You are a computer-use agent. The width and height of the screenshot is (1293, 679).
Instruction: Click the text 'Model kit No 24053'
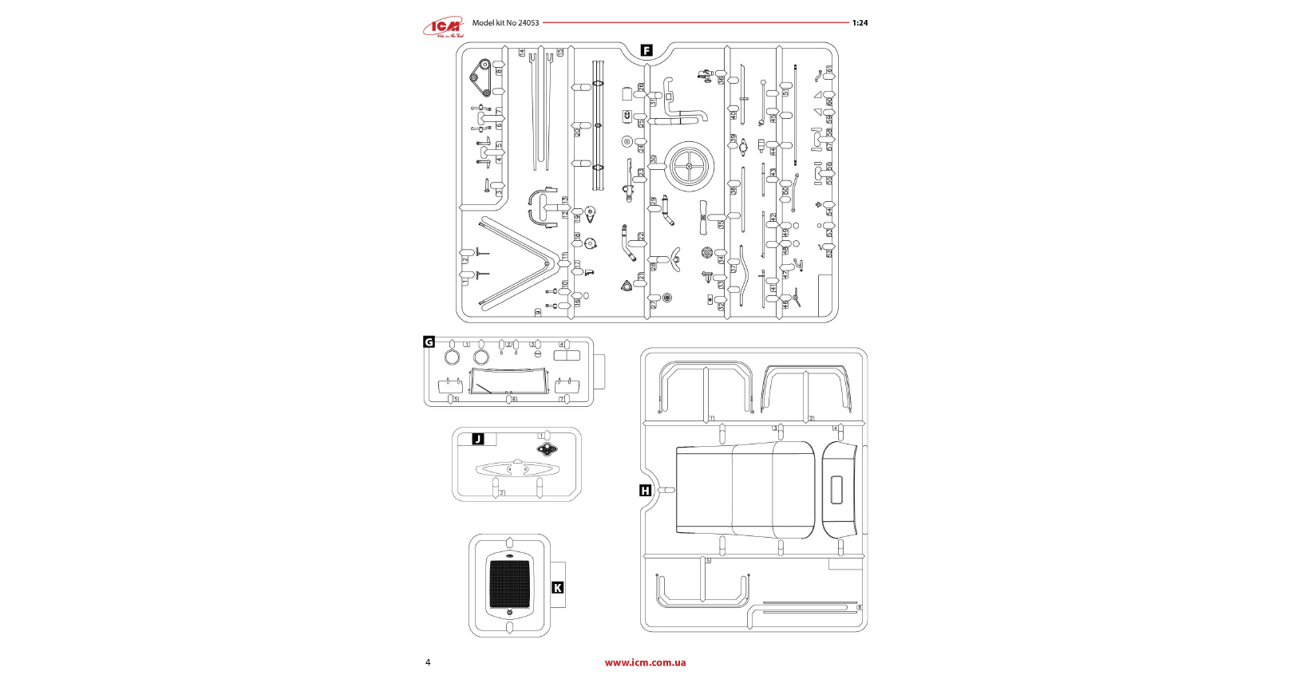tap(505, 22)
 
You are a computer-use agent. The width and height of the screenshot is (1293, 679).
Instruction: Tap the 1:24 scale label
tap(860, 23)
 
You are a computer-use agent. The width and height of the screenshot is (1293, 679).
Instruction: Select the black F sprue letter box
tap(646, 50)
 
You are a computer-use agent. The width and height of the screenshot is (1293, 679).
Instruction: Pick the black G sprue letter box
tap(429, 342)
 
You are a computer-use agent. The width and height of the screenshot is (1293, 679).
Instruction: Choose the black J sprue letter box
tap(478, 439)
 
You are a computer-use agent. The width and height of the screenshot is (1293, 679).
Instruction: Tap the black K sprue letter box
tap(558, 588)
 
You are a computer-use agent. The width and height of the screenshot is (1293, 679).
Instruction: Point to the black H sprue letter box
tap(646, 491)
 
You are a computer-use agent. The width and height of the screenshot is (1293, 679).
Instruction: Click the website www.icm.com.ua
tap(645, 662)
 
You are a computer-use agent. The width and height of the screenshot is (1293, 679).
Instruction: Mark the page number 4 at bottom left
tap(428, 662)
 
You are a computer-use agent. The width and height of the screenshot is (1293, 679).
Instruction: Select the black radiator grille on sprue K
tap(509, 582)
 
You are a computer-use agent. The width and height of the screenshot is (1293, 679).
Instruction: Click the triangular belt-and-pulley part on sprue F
tap(480, 78)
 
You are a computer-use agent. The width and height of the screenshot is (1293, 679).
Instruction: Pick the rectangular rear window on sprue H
tap(836, 491)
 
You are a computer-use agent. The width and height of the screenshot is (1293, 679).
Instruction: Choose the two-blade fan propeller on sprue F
tap(703, 217)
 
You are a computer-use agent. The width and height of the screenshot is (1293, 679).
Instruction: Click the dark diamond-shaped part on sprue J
tap(547, 450)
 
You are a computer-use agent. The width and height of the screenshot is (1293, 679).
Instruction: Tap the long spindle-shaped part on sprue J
tap(517, 469)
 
